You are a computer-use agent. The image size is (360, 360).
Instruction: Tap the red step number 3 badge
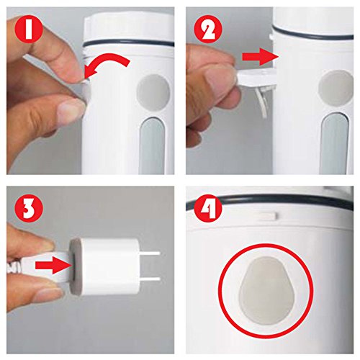click(29, 209)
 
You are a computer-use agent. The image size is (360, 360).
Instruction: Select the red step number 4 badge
click(208, 209)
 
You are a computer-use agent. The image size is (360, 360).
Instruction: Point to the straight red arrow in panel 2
click(261, 57)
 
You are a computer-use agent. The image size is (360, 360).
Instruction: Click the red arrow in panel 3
click(53, 265)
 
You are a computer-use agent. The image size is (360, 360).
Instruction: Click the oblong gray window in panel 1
click(152, 147)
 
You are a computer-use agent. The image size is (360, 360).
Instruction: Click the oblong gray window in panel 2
click(335, 144)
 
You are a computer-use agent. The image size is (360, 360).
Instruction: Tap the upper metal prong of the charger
click(150, 253)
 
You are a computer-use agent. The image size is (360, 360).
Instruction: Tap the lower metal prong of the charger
click(150, 279)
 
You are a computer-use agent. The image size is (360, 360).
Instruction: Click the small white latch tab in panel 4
click(268, 216)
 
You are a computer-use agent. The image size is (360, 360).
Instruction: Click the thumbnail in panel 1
click(71, 110)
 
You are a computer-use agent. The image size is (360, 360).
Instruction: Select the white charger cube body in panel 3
click(109, 266)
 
